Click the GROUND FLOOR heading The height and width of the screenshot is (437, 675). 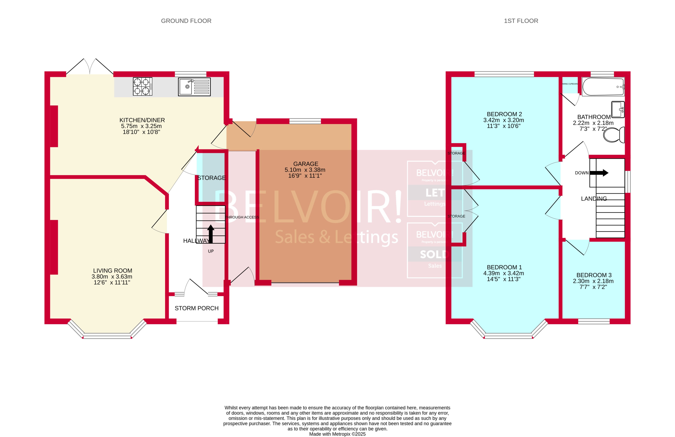[186, 21]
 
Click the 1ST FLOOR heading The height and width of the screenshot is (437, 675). [521, 21]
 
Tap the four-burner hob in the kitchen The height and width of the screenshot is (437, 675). [142, 86]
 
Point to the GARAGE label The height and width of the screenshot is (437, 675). [305, 164]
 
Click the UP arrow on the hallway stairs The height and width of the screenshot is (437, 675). [210, 234]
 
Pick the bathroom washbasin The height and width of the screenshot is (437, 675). [618, 109]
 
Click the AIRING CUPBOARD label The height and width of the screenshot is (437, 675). [570, 84]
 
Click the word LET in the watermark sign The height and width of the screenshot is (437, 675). [434, 193]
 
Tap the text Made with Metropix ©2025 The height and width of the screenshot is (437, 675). [337, 434]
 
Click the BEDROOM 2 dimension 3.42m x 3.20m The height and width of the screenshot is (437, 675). [504, 120]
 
